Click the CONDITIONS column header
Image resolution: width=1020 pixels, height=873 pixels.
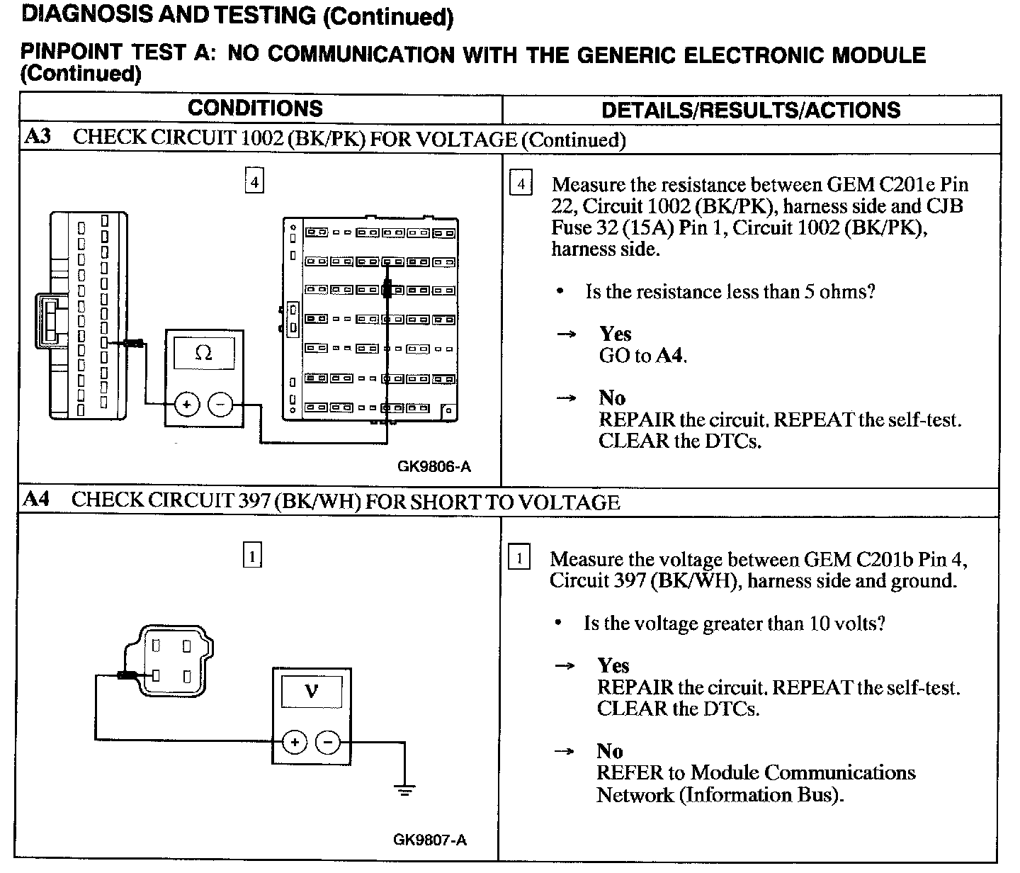[x=255, y=108]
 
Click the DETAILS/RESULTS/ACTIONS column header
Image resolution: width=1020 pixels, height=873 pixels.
[x=751, y=110]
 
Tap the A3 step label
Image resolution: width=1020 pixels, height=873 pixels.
[x=37, y=137]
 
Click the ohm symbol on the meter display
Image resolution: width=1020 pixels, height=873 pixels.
[x=203, y=353]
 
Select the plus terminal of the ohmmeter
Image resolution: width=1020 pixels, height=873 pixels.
[x=187, y=405]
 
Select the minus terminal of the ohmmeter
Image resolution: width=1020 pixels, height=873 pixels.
[x=220, y=405]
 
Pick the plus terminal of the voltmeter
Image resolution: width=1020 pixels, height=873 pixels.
[x=294, y=742]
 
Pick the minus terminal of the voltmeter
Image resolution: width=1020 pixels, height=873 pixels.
[x=327, y=742]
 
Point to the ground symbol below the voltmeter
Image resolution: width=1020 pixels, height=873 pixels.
[x=404, y=789]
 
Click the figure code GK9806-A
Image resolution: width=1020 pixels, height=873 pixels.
[x=434, y=466]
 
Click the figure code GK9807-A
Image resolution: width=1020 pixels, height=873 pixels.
[x=430, y=840]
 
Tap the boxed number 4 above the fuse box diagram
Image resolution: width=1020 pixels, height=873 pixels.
[x=254, y=181]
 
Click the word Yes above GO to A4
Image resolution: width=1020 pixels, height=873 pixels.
[x=615, y=334]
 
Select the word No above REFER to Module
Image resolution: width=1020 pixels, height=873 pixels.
[x=609, y=751]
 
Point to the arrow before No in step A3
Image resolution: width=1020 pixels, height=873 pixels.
[x=565, y=398]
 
